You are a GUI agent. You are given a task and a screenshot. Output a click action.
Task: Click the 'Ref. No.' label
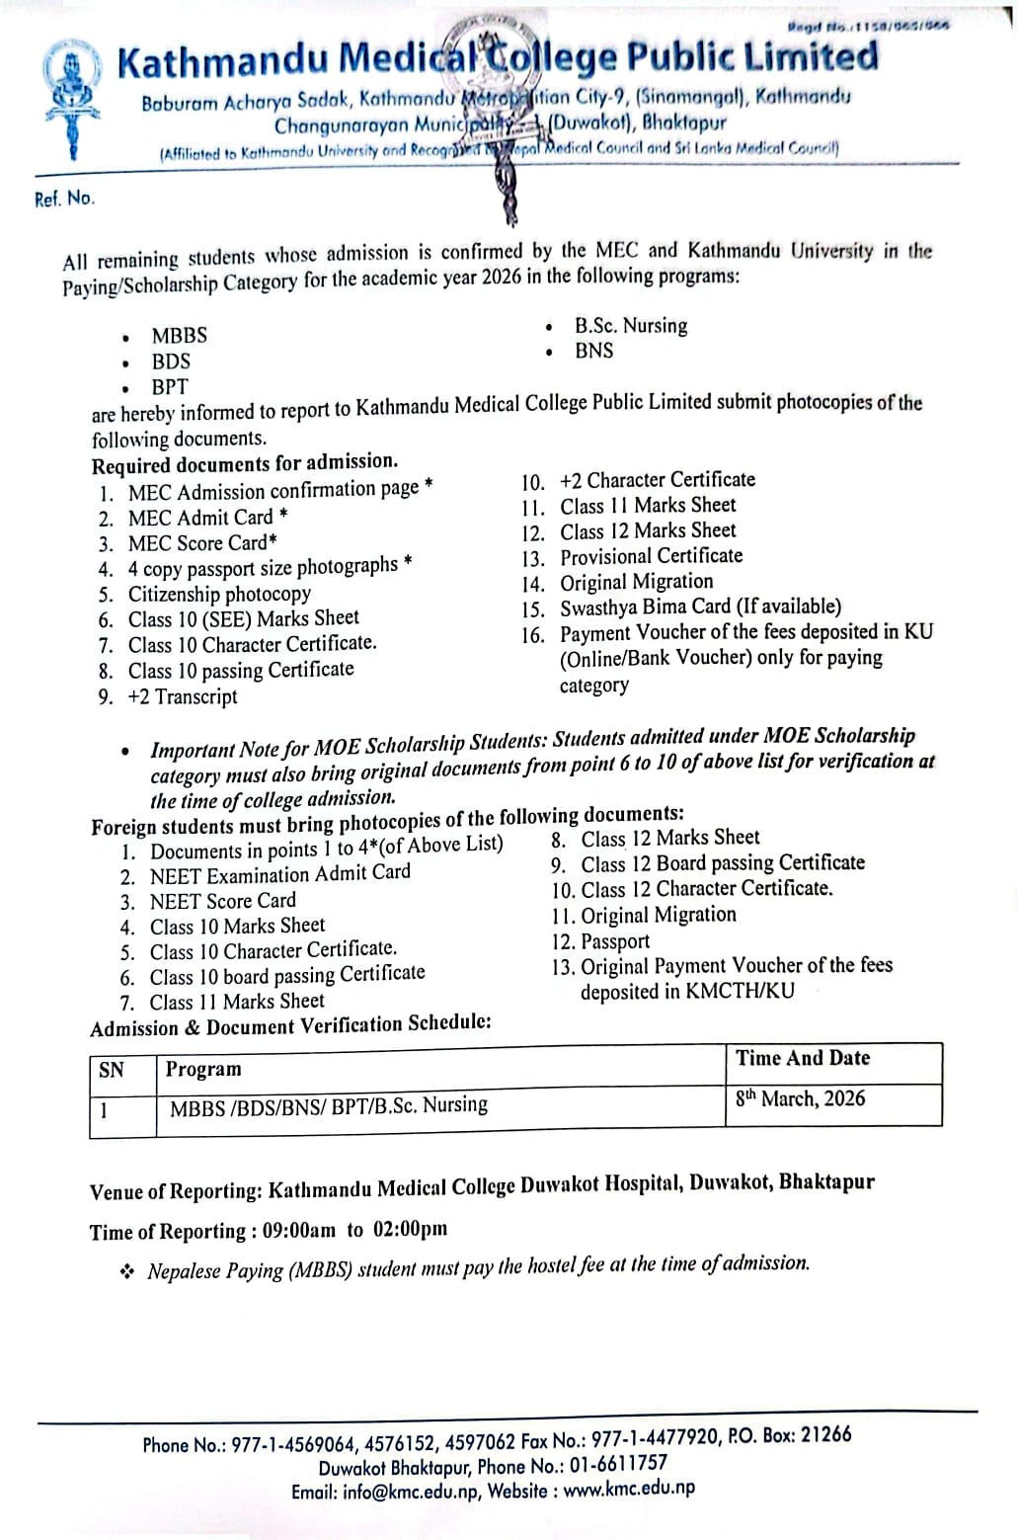65,199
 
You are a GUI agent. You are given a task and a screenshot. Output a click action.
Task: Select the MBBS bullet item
179,336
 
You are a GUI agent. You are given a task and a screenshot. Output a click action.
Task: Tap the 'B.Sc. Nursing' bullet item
631,326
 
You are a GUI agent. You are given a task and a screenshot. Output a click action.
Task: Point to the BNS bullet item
593,351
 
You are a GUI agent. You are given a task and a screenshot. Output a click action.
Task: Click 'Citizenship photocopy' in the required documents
219,594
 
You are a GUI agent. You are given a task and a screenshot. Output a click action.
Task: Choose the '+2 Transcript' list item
183,696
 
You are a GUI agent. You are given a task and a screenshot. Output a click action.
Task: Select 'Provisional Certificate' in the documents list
651,556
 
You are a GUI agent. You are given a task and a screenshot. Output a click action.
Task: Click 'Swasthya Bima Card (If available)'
700,608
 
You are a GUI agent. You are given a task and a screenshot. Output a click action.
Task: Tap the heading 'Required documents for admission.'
245,463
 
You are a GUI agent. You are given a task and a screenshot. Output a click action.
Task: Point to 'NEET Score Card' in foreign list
222,901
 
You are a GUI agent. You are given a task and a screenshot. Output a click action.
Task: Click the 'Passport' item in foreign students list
614,941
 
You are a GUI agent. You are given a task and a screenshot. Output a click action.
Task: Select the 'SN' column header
112,1069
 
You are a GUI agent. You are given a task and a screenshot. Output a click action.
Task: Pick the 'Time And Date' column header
802,1058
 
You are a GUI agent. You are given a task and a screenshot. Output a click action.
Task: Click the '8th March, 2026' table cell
800,1098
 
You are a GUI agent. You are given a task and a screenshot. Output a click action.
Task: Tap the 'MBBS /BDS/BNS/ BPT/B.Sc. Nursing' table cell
328,1105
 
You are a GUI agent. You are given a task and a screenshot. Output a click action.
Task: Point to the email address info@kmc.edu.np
412,1492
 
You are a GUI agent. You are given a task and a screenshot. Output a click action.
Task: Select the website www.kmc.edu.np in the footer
629,1488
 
